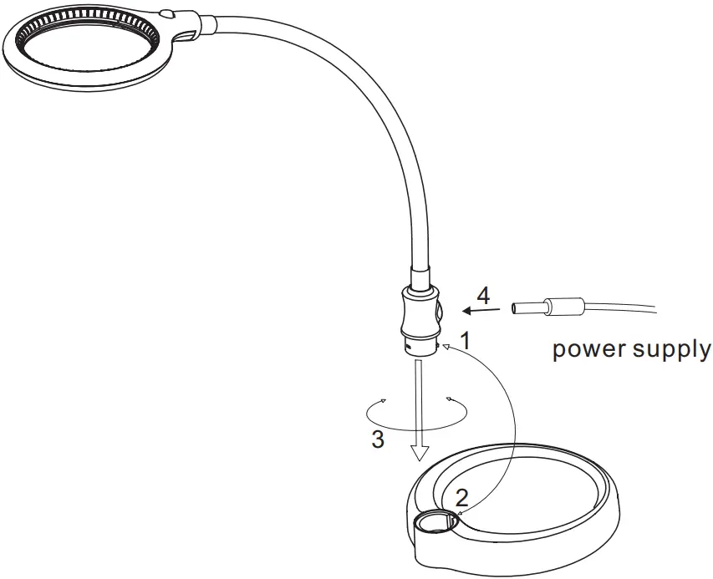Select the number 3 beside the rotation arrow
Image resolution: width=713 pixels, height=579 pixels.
click(x=378, y=439)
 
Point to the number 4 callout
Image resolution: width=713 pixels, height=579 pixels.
click(x=482, y=295)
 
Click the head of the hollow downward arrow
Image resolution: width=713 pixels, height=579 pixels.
click(x=420, y=454)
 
